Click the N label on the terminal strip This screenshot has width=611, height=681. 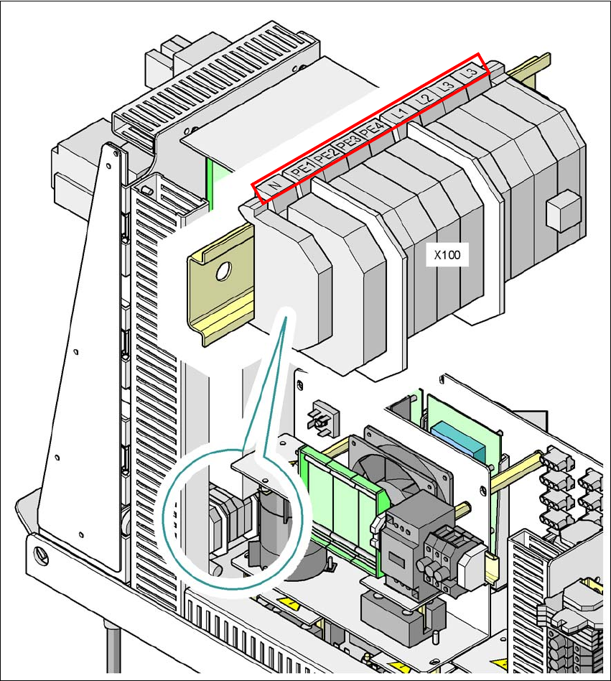274,185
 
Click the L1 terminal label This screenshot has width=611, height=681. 400,113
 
